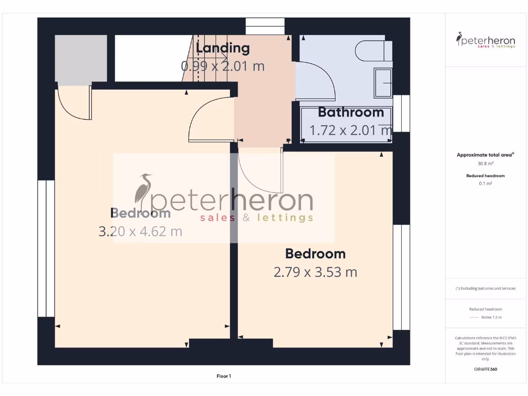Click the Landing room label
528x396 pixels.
coord(223,48)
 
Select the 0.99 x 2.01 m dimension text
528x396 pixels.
coord(223,66)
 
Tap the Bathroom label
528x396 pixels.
coord(351,112)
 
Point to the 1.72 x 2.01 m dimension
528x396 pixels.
coord(351,130)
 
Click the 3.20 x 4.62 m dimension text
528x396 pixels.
coord(140,231)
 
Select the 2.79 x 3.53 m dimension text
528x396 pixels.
coord(315,272)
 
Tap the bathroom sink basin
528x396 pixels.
coord(384,82)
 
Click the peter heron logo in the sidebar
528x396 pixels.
coord(486,40)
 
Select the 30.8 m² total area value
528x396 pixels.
coord(486,163)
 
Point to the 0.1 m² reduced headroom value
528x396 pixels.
coord(486,183)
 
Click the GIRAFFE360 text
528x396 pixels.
coord(486,369)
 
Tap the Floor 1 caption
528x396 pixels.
coord(224,376)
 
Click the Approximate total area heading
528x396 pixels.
coord(485,155)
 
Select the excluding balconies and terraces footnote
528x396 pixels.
coord(485,288)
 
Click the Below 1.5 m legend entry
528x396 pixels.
coord(491,317)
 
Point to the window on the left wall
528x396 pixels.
coord(46,248)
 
